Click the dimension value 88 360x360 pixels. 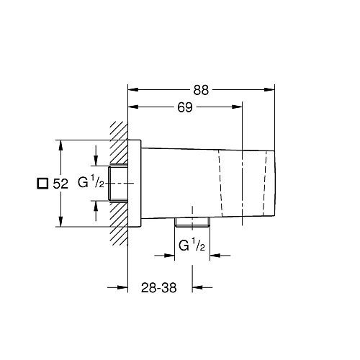pos(201,89)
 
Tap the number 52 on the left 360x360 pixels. pos(60,184)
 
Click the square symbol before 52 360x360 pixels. pos(42,184)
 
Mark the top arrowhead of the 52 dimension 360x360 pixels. pos(62,144)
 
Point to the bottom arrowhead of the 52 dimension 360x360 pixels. pos(62,222)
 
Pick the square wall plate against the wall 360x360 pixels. pos(135,184)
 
